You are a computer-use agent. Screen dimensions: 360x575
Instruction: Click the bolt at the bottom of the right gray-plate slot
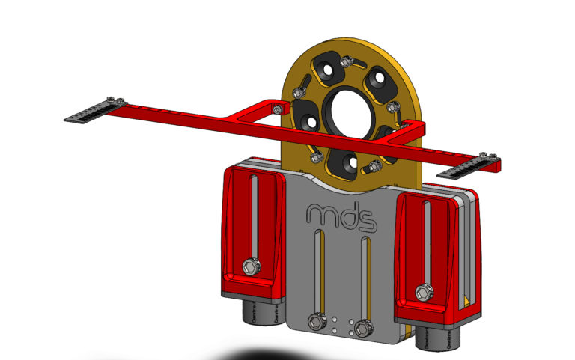click(365, 327)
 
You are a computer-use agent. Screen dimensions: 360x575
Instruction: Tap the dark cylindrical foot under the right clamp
click(433, 338)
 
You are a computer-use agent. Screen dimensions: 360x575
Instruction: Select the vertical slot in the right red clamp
click(428, 240)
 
